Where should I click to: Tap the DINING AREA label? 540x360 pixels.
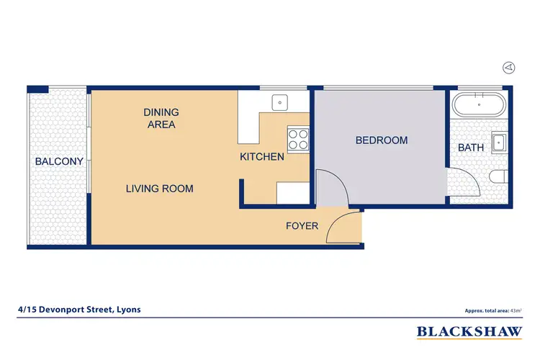point(161,118)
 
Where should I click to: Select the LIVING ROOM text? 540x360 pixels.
point(159,189)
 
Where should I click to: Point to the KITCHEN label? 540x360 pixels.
point(261,156)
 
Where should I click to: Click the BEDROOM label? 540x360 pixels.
point(381,140)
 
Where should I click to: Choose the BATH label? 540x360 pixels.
point(471,148)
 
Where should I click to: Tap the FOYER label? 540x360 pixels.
point(302,226)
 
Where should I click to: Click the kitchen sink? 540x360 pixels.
point(279,103)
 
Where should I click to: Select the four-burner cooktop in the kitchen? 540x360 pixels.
point(297,138)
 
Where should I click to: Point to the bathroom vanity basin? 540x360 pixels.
point(498,142)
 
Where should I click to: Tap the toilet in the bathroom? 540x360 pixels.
point(498,177)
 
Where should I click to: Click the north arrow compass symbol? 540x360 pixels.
point(509,67)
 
